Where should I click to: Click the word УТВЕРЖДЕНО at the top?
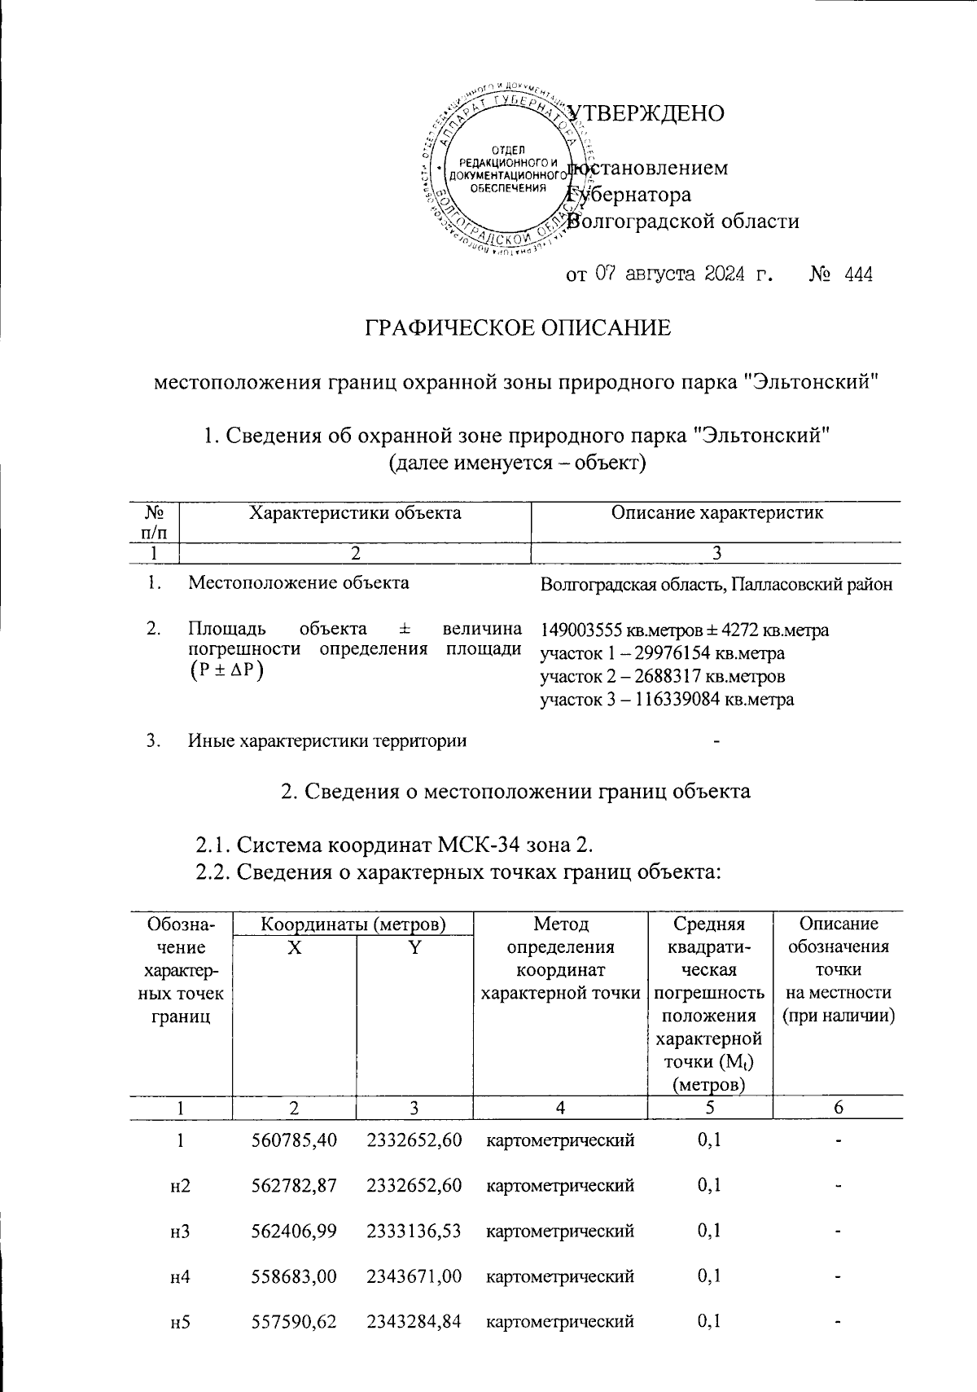point(647,113)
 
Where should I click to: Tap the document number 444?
point(859,274)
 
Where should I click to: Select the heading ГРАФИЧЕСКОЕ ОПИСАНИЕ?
point(517,327)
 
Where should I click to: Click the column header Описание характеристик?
point(716,512)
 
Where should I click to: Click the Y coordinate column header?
point(414,947)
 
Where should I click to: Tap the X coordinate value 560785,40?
point(295,1140)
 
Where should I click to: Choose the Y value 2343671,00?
point(414,1276)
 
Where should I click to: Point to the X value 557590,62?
point(295,1321)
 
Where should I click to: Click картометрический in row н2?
point(560,1186)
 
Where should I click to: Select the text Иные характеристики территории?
point(327,740)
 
